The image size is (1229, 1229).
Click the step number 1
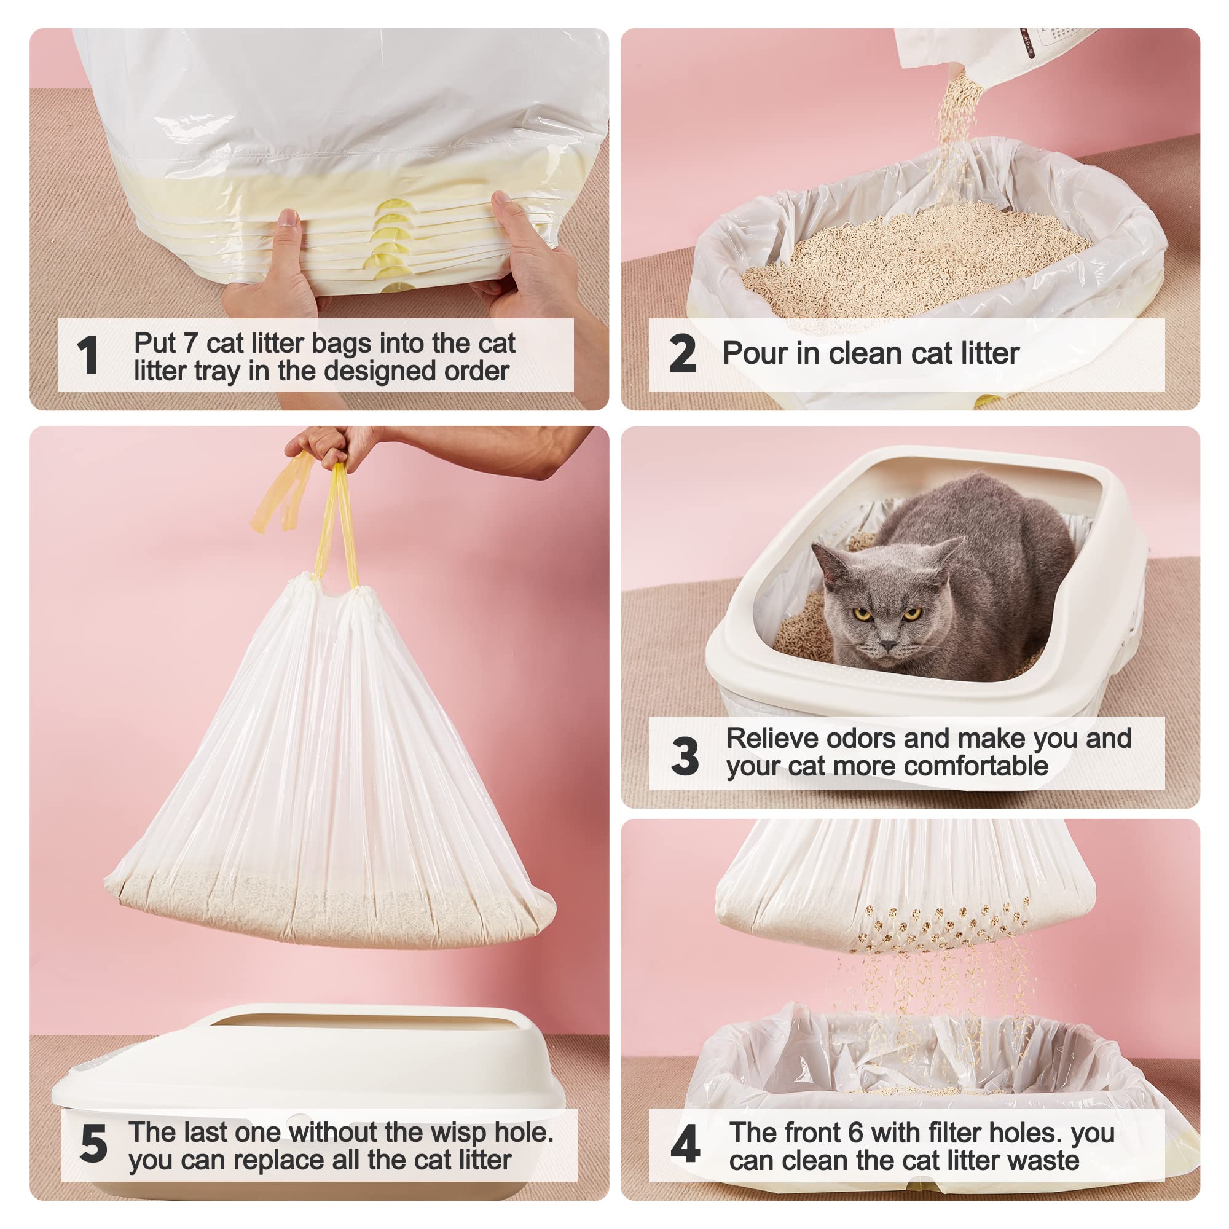(87, 355)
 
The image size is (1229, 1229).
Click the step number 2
(682, 354)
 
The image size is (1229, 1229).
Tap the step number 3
(685, 756)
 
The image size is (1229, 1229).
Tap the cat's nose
(888, 645)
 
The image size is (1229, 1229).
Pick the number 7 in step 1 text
(189, 344)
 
